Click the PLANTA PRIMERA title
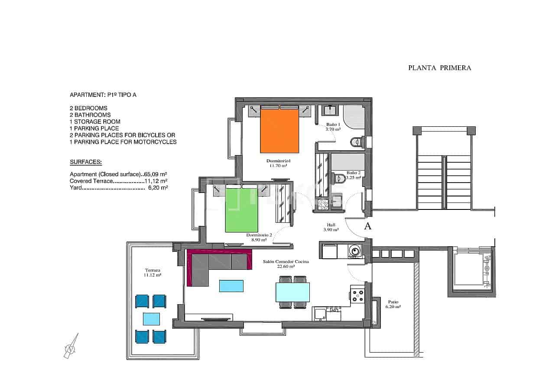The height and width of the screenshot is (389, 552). click(439, 68)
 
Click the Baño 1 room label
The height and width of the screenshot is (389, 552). click(333, 126)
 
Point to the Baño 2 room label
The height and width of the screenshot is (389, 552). click(353, 175)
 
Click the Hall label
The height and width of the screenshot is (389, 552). click(331, 227)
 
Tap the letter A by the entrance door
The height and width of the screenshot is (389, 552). click(368, 226)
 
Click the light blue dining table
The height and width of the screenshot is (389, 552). click(293, 292)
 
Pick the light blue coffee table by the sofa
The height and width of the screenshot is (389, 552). click(231, 286)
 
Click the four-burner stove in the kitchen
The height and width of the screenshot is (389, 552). click(357, 295)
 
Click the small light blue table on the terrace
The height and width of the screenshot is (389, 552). click(151, 319)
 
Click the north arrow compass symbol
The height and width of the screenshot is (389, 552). click(71, 346)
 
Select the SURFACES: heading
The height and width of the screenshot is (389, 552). click(86, 162)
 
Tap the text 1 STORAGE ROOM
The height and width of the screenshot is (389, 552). click(95, 122)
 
